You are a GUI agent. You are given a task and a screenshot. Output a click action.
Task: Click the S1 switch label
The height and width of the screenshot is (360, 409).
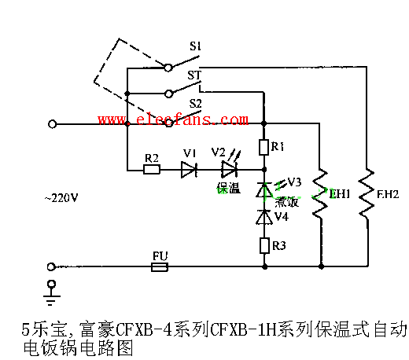click(194, 46)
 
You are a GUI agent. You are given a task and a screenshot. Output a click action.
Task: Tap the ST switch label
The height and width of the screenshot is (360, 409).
click(194, 74)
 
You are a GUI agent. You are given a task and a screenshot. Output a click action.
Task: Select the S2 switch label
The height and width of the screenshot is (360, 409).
click(194, 103)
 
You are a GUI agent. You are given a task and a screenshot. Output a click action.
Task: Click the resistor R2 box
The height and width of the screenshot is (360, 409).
click(153, 169)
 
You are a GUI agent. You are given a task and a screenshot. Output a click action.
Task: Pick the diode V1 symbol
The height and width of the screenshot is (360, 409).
click(188, 169)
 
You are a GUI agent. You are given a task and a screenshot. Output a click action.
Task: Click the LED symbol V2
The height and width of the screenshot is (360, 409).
click(229, 169)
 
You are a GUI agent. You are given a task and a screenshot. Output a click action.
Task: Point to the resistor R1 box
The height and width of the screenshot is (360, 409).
click(264, 148)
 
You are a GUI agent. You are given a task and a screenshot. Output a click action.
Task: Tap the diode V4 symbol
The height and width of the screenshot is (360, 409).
click(264, 217)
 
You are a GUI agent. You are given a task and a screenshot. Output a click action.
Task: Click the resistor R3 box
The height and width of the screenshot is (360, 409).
click(264, 246)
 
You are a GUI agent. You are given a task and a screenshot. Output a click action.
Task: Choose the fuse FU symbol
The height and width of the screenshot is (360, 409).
click(160, 267)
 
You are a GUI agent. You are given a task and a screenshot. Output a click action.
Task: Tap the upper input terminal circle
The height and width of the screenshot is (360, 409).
click(53, 124)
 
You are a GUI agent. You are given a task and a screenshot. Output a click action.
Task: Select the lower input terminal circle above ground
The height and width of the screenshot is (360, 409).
click(53, 267)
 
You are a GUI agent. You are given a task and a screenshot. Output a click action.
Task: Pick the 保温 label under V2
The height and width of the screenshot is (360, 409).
click(228, 189)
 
